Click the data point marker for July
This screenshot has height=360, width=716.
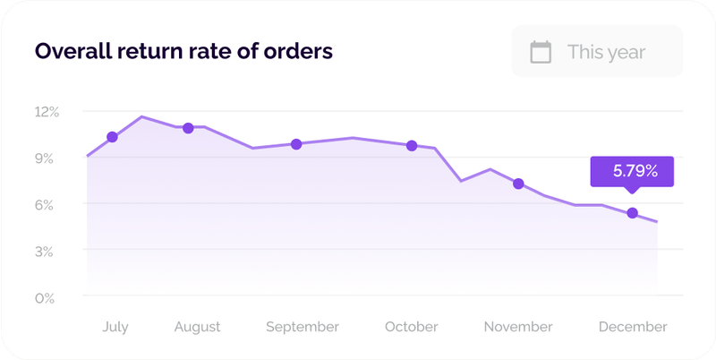coord(112,137)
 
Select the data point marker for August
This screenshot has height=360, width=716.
coord(188,128)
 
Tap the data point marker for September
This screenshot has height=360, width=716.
coord(296,143)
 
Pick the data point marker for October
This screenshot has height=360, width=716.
coord(412,145)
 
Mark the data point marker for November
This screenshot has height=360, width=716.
coord(518,184)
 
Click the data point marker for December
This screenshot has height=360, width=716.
coord(633,213)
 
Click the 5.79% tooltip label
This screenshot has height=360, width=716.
coord(632,171)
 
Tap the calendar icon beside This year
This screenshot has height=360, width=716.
coord(541,52)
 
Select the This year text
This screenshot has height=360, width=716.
coord(606,52)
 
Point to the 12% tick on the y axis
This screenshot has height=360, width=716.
coord(47,112)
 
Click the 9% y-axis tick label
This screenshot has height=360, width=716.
coord(47,159)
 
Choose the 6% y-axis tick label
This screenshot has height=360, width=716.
coord(47,205)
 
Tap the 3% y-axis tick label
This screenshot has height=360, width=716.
coord(47,252)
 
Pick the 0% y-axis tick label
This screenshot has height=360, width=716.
coord(47,298)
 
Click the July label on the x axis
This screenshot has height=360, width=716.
coord(115,327)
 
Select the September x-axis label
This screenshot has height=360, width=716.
coord(303,327)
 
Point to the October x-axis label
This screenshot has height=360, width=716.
coord(412,327)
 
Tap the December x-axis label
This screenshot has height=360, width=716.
coord(633,327)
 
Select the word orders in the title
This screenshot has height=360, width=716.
coord(300,51)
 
